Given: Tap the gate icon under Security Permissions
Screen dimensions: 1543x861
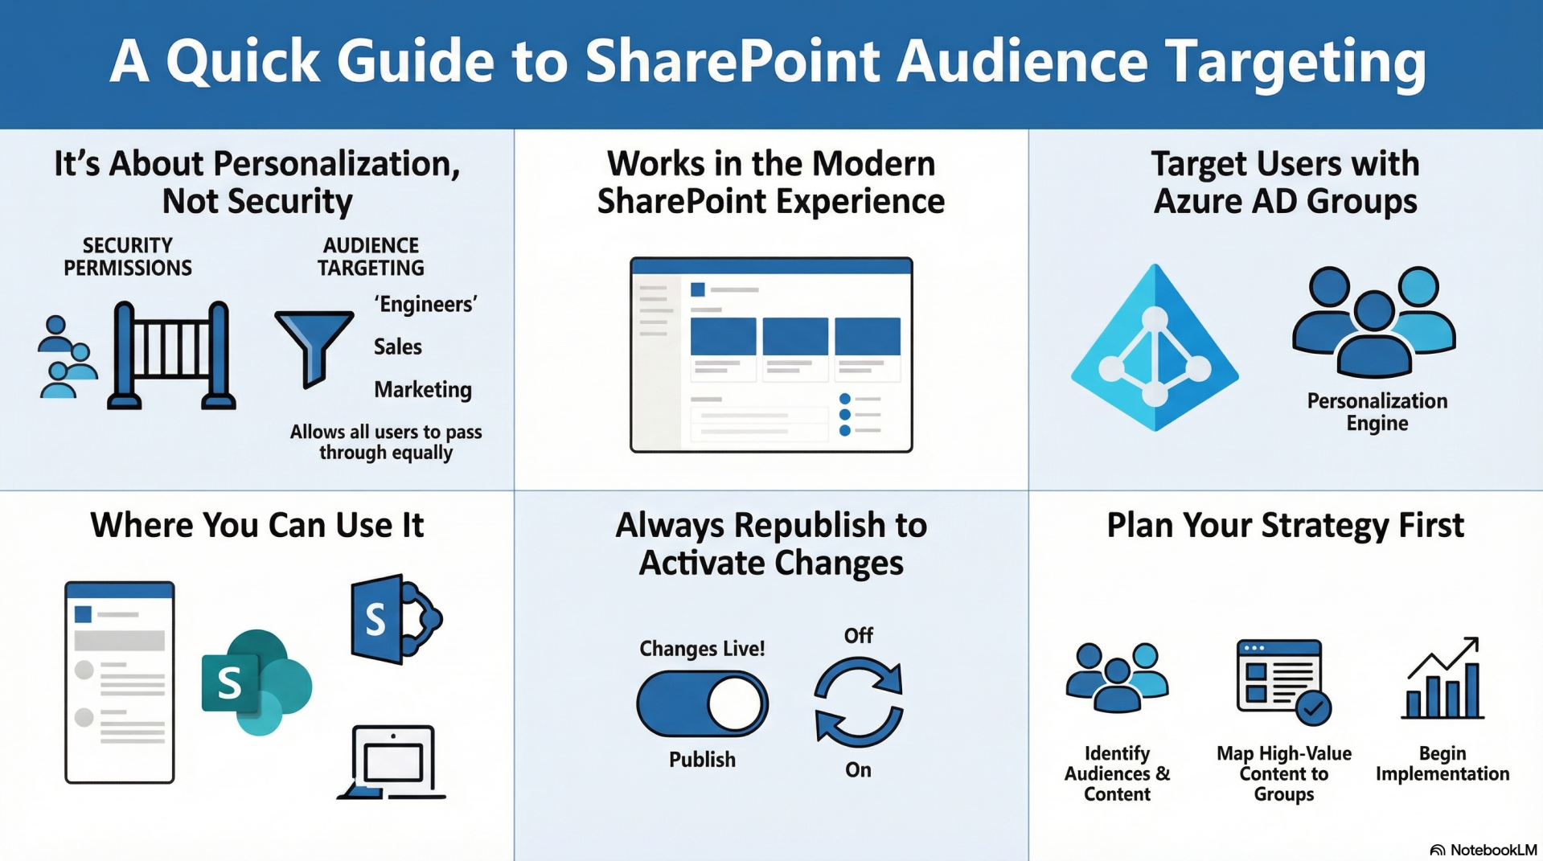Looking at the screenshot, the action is point(171,355).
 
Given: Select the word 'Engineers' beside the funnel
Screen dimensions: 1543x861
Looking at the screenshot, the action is point(425,305).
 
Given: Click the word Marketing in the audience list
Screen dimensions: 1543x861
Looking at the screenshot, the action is point(423,390).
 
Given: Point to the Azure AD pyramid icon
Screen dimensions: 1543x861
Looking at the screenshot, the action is point(1155,347).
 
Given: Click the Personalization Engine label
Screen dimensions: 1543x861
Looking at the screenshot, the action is point(1377,412).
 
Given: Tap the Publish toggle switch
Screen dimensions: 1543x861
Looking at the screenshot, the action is point(702,704).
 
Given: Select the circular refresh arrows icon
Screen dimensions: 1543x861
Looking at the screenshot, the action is point(858,702).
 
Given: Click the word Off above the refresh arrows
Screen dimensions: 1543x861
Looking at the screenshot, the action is point(858,636).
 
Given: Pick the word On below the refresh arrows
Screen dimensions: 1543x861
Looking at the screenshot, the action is point(858,770).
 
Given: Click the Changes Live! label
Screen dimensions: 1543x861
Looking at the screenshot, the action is point(702,649).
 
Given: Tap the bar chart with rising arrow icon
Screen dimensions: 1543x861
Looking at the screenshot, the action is point(1442,679).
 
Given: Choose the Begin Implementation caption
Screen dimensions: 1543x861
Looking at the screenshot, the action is point(1442,764).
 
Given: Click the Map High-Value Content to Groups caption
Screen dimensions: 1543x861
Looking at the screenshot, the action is point(1284,773).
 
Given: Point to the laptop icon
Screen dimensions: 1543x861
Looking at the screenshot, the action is point(392,763).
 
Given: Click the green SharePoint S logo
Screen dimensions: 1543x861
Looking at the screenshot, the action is point(256,683).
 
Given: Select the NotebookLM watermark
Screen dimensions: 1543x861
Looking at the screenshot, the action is point(1483,850).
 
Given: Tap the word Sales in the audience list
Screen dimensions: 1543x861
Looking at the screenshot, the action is point(398,347).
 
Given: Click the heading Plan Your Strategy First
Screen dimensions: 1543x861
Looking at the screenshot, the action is point(1285,526).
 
